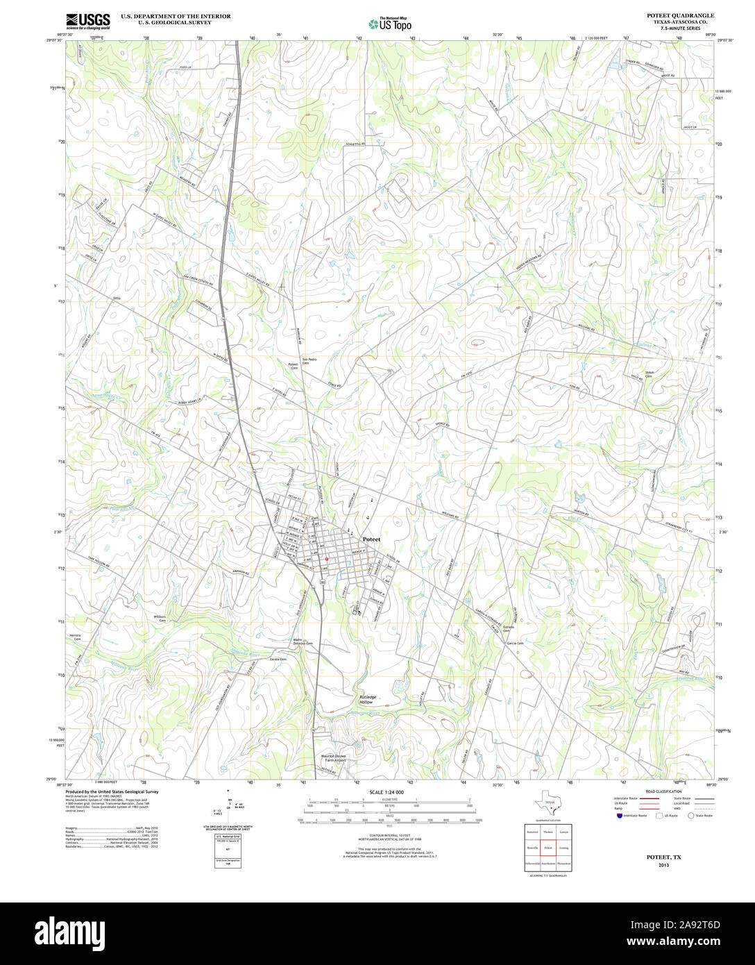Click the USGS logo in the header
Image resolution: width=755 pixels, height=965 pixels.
(87, 21)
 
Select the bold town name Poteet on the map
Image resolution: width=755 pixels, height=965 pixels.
(371, 539)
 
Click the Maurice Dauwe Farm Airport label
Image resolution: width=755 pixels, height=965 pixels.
(333, 758)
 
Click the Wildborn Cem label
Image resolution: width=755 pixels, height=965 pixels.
(160, 618)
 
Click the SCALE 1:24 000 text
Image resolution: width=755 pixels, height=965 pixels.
(387, 792)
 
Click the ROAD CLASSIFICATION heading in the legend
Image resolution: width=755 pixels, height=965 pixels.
(663, 791)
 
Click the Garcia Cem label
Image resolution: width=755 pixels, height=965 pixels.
(515, 643)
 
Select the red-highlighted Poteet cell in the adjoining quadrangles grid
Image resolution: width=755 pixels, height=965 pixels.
(548, 848)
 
